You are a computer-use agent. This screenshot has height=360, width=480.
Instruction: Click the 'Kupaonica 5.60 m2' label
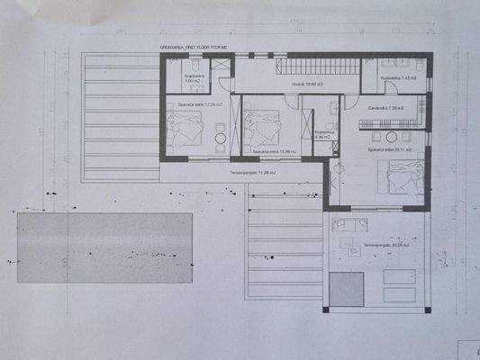coord(195,79)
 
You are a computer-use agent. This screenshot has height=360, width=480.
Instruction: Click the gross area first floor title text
coord(191,49)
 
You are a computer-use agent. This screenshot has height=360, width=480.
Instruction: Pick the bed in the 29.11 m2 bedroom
coord(402,181)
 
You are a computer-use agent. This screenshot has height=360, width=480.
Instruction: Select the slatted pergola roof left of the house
coord(120,117)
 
